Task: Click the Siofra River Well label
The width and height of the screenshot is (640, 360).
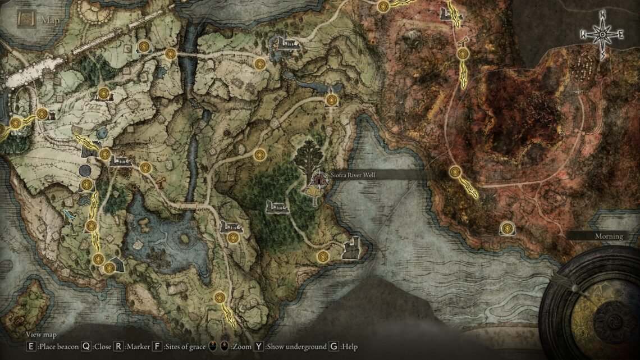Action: (x=353, y=175)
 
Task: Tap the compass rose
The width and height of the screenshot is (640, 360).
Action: (x=602, y=35)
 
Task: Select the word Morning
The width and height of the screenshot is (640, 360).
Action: (x=609, y=236)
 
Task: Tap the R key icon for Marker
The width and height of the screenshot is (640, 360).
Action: (x=118, y=347)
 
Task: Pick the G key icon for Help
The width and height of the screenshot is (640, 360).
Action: (x=333, y=347)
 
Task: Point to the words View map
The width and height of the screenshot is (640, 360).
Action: (x=40, y=335)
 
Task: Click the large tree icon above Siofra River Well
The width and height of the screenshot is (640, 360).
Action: (x=309, y=157)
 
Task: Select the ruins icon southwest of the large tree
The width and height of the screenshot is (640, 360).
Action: (x=278, y=206)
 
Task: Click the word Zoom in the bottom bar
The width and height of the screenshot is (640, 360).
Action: (x=243, y=347)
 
